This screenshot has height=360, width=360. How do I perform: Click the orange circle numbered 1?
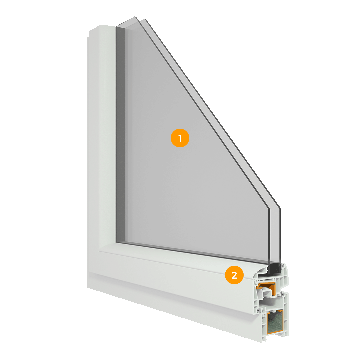pos(180,138)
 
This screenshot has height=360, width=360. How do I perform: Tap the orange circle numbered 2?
pos(234,275)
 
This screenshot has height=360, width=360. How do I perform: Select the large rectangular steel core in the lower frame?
pos(275,322)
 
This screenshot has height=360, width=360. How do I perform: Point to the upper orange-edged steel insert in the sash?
pos(266,288)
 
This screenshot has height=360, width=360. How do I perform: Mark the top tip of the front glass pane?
pos(135,17)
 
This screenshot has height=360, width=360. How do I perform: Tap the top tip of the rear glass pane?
pos(145,19)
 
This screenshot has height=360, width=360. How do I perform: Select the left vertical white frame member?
pos(101,147)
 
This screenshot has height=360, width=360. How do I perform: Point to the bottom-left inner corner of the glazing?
pos(116,242)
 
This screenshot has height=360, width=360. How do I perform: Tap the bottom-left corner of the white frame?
pos(87,287)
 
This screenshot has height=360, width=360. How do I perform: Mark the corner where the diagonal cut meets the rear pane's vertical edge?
pos(281,209)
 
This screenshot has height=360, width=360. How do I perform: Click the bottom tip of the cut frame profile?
pos(262,342)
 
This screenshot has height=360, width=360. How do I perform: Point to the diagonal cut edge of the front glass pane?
pos(202,113)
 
